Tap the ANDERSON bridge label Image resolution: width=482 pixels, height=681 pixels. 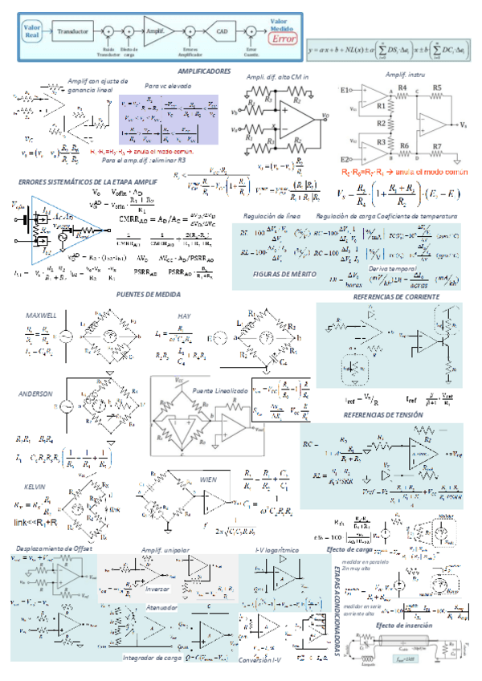tap(38, 394)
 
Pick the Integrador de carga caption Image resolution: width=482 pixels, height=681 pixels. tap(150, 657)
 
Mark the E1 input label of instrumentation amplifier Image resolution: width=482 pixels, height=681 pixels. tap(347, 88)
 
